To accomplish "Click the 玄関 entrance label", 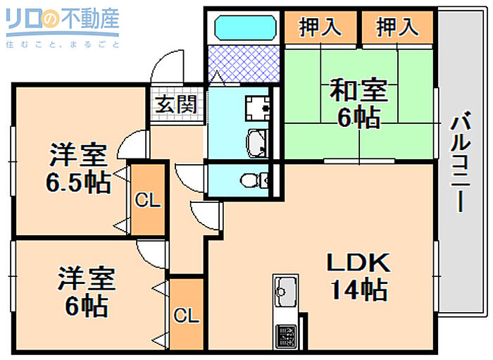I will (176, 106).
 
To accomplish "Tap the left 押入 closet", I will (320, 27).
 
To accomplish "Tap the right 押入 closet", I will (397, 27).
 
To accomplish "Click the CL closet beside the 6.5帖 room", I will (148, 201).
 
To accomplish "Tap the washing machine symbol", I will (258, 107).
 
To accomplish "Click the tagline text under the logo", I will (62, 44).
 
